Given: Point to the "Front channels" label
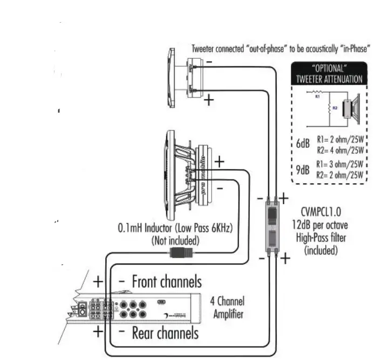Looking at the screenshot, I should (167, 281).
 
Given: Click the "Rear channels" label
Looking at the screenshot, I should (165, 333).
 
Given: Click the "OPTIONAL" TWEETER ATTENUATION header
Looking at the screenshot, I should (329, 74).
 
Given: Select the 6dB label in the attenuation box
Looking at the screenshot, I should (303, 144).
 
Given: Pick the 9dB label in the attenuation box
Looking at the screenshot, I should (302, 170).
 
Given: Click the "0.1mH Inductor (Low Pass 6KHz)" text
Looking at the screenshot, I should (175, 229).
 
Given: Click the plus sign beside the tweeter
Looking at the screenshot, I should (208, 100).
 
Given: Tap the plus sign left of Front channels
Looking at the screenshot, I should (98, 281).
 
